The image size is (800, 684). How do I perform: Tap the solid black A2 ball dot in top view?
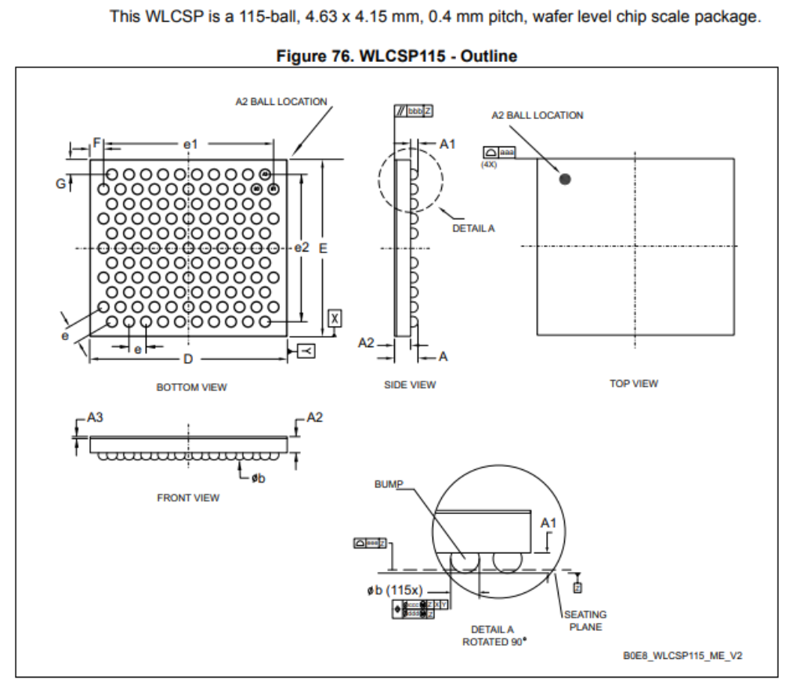point(565,179)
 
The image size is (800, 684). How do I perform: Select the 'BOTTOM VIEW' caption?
point(192,387)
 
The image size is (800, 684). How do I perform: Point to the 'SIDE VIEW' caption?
point(410,385)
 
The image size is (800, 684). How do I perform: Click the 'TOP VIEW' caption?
point(634,383)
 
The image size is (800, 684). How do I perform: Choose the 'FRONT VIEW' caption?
point(189,498)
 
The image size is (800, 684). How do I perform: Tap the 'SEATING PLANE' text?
point(585,621)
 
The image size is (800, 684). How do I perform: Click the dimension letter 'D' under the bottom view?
point(188,359)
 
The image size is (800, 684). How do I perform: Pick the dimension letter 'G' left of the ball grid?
point(60,183)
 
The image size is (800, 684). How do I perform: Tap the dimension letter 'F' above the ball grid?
point(97,143)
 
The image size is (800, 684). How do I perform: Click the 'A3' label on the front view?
point(94,418)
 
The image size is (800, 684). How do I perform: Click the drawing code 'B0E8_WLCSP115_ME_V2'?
point(682,656)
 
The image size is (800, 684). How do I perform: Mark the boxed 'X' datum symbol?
point(335,317)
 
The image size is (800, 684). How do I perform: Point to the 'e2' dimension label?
point(302,248)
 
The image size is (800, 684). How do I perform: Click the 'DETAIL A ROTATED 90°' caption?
point(492,635)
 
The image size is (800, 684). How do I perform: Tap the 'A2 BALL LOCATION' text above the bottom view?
point(281,102)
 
